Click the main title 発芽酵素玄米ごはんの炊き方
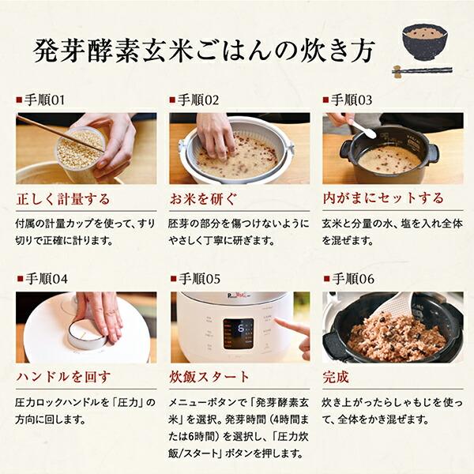[x=204, y=49]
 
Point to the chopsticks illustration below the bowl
[x=423, y=70]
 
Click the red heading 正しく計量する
[x=63, y=198]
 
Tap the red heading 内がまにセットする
[x=383, y=198]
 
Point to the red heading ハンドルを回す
[x=63, y=377]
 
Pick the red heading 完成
[x=336, y=377]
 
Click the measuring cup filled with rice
[x=79, y=150]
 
